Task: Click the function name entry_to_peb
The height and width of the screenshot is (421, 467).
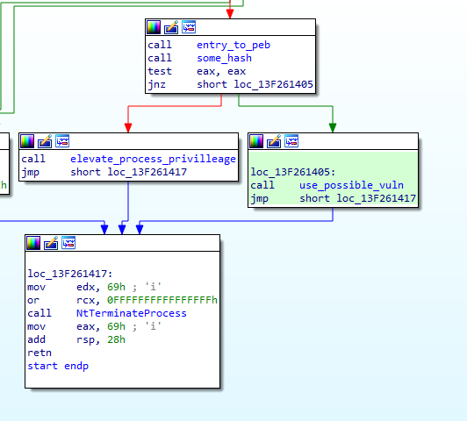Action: [x=233, y=45]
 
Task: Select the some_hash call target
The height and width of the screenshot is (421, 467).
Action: [x=224, y=58]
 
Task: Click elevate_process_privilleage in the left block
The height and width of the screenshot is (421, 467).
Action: [x=153, y=159]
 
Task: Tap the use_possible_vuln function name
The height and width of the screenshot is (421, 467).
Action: [x=351, y=185]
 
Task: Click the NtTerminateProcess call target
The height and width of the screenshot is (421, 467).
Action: [x=132, y=313]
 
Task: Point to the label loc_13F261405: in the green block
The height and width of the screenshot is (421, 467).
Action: [x=293, y=172]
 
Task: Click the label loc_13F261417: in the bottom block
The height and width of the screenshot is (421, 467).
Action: [x=70, y=274]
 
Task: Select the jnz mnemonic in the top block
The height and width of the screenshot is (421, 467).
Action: [x=156, y=85]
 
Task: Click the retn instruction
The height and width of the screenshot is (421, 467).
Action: [x=40, y=353]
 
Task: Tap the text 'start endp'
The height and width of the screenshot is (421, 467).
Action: [x=58, y=366]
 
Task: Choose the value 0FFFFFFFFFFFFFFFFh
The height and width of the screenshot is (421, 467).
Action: [x=162, y=300]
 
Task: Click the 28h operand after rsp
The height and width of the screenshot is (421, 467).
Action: [x=116, y=339]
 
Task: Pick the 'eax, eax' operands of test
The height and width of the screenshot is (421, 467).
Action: [x=221, y=71]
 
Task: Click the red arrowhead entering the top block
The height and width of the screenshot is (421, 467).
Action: [x=230, y=14]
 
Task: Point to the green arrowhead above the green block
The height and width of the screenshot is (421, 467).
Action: [x=333, y=128]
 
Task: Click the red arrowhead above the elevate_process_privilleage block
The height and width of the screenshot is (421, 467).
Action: [x=128, y=128]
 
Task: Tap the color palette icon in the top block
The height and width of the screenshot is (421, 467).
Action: [x=154, y=27]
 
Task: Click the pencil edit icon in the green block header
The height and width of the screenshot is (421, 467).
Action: [x=274, y=141]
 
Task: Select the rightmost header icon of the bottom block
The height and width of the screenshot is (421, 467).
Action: [x=68, y=243]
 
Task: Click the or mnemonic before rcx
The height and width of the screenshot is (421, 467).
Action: [x=33, y=300]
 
